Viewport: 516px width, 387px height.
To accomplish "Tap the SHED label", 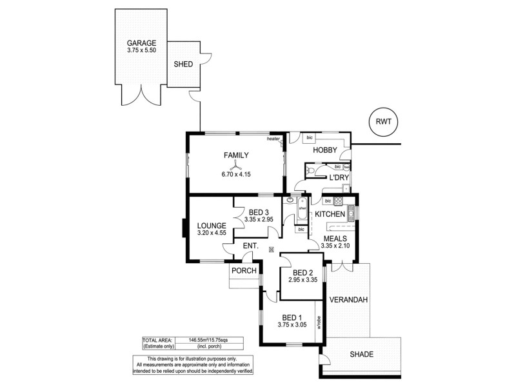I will click(184, 64).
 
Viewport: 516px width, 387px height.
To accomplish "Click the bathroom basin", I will click(291, 201).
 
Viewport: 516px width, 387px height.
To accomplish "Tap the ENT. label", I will click(251, 245).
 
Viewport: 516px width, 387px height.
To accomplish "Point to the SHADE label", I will click(361, 354).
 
